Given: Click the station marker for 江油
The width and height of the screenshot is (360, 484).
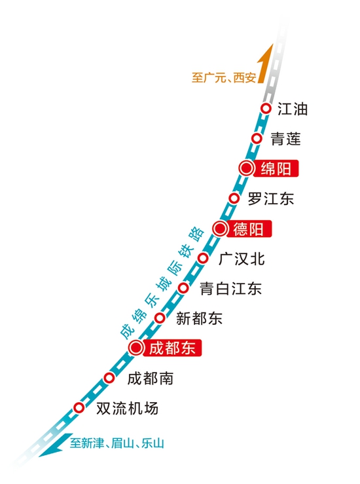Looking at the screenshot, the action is [x=266, y=109].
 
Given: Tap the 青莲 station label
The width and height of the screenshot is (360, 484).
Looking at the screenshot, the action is [x=285, y=139].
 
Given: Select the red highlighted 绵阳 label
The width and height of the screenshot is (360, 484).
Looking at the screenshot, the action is [x=276, y=168].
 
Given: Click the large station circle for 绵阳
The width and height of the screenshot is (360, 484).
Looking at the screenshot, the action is [x=247, y=168].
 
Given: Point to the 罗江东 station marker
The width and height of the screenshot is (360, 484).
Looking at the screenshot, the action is [x=234, y=198].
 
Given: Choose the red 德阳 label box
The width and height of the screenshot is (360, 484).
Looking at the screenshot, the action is [x=249, y=229].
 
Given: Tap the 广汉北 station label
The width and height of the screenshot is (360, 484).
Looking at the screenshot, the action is [x=242, y=259].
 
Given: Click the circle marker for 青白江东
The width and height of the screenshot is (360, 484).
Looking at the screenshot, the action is [x=183, y=288].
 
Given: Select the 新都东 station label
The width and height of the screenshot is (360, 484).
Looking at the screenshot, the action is [x=199, y=318].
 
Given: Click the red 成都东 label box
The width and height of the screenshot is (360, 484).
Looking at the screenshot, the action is [x=172, y=348].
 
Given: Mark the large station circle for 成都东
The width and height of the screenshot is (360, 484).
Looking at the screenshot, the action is [x=136, y=348].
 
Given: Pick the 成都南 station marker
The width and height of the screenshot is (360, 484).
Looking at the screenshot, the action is [x=109, y=377].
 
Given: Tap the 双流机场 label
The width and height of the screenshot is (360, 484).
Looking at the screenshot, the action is [x=127, y=409].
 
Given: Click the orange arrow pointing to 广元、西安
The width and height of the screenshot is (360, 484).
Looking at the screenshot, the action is [x=266, y=64].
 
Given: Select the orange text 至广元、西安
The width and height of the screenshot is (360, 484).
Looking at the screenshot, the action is [x=224, y=77].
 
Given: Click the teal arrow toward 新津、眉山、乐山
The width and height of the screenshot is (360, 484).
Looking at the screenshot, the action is [x=56, y=445].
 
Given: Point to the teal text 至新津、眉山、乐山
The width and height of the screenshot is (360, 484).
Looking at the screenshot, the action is [x=117, y=443].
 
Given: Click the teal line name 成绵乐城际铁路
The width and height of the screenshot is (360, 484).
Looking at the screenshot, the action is [x=162, y=283].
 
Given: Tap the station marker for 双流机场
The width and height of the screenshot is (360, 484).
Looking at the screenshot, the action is [x=79, y=407].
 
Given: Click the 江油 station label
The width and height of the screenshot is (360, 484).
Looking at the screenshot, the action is [x=293, y=109].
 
